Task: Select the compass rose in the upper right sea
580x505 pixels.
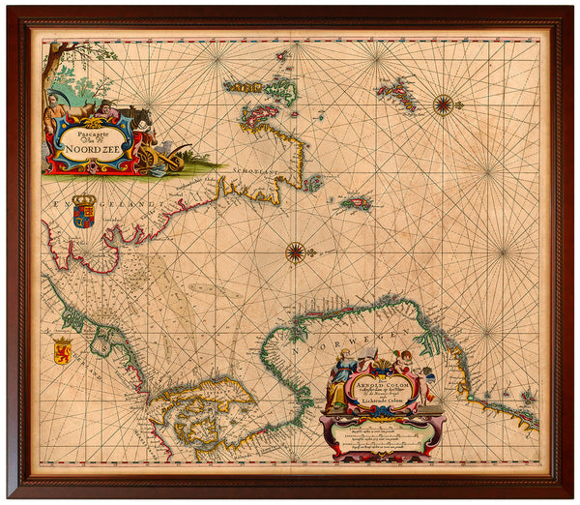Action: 444,104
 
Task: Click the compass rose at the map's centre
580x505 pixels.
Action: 296,252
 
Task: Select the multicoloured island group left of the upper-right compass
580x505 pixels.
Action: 396,95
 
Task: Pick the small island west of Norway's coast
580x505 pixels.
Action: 356,204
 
